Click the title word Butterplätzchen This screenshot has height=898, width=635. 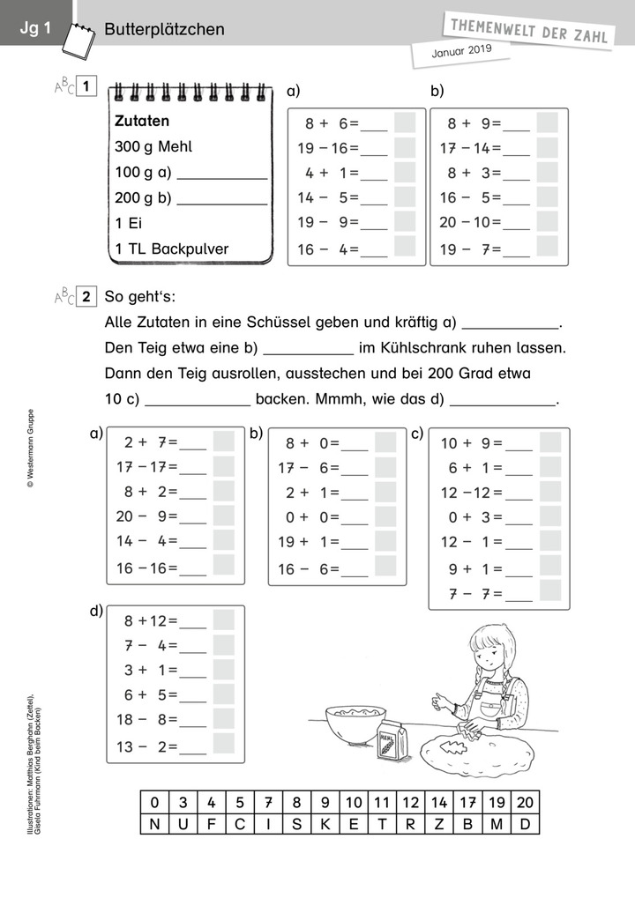(x=164, y=29)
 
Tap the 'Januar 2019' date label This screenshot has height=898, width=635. (x=460, y=52)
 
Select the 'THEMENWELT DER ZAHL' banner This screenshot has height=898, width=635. (x=529, y=27)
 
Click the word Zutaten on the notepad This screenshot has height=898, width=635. (x=142, y=121)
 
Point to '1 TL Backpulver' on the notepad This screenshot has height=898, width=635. (x=171, y=249)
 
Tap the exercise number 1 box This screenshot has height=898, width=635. (x=86, y=86)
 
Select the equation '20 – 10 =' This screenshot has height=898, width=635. (x=471, y=223)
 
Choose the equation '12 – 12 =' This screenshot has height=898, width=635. (x=471, y=493)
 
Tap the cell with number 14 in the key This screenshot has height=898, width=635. (x=440, y=802)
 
